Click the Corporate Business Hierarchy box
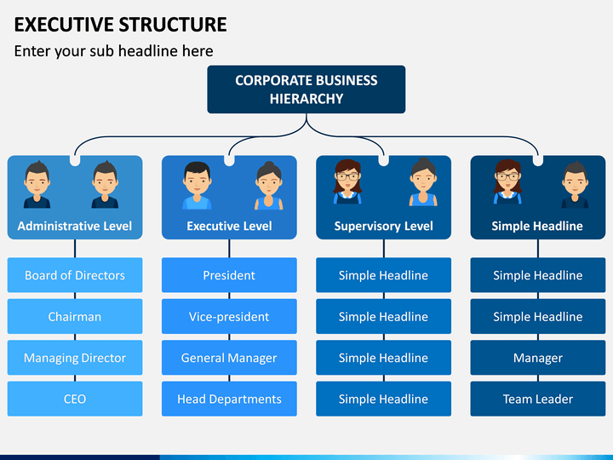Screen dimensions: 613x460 306,89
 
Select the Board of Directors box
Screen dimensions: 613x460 75,275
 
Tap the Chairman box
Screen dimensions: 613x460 75,316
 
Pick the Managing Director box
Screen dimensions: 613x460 75,358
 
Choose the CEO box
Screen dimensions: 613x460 75,399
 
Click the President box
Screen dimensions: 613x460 229,275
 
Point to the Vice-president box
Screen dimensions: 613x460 229,316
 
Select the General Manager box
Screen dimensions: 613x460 229,358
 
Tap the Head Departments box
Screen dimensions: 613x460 229,399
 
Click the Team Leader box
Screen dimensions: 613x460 538,399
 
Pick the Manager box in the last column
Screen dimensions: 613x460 538,358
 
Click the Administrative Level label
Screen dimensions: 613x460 75,226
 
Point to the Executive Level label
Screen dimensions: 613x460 229,226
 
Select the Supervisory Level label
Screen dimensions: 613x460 383,226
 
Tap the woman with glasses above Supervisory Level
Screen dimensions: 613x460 347,182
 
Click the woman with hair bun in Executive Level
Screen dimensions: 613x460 268,186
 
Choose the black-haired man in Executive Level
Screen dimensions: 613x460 197,186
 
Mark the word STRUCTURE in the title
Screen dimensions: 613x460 173,24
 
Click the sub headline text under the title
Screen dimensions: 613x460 114,51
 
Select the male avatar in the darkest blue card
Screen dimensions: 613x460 575,185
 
